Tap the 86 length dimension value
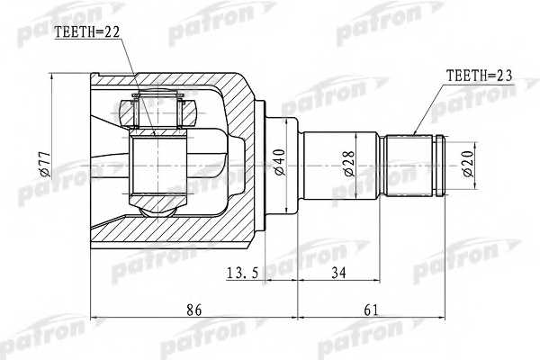(193, 310)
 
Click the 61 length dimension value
(371, 310)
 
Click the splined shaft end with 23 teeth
(415, 165)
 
